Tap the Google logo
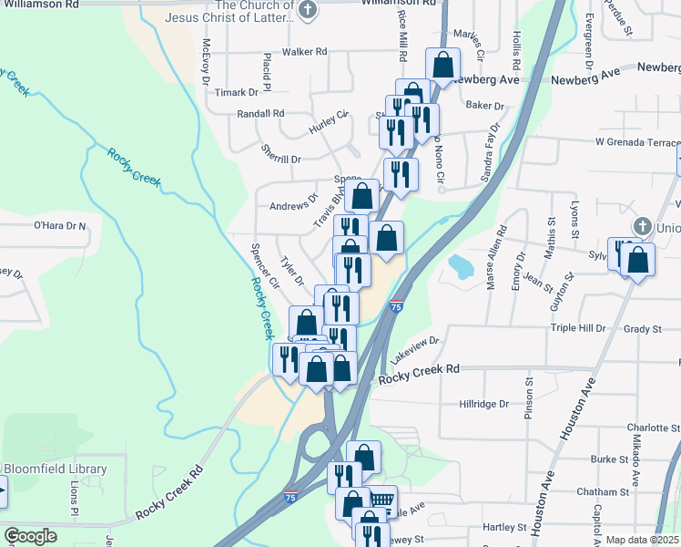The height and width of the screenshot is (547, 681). pos(30,536)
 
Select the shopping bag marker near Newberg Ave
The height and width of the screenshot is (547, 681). pos(442,66)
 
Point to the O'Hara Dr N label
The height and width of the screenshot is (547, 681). pos(59,225)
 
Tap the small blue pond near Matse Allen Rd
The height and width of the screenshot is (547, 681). pos(460,266)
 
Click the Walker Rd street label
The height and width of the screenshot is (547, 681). pos(304,52)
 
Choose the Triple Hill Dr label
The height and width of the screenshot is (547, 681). pos(578,328)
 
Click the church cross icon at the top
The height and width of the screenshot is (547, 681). pos(308,11)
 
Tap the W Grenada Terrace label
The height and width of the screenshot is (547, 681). pos(637,143)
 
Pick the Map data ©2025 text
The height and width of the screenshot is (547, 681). pos(642,540)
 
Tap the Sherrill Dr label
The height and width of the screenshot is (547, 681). pos(280,159)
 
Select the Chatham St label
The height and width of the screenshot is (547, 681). pos(597,491)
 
